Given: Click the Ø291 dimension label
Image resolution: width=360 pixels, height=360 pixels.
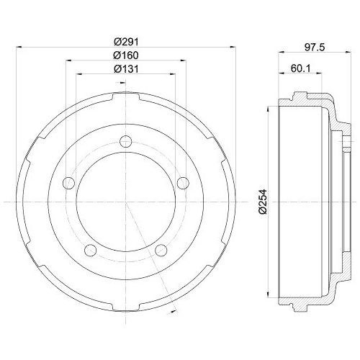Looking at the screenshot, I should click(x=126, y=41).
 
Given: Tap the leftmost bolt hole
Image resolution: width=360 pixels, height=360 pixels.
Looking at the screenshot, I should click(x=68, y=181).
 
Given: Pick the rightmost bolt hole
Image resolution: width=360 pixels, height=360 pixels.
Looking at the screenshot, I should click(x=183, y=181).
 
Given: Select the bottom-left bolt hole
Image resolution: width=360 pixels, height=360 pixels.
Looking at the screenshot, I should click(x=91, y=249).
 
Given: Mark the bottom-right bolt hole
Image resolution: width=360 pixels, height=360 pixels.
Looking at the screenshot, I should click(x=161, y=249).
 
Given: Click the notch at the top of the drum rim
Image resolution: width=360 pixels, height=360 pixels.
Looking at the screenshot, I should click(x=126, y=94).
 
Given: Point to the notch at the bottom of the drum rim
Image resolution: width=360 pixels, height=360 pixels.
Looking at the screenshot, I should click(x=126, y=309).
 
